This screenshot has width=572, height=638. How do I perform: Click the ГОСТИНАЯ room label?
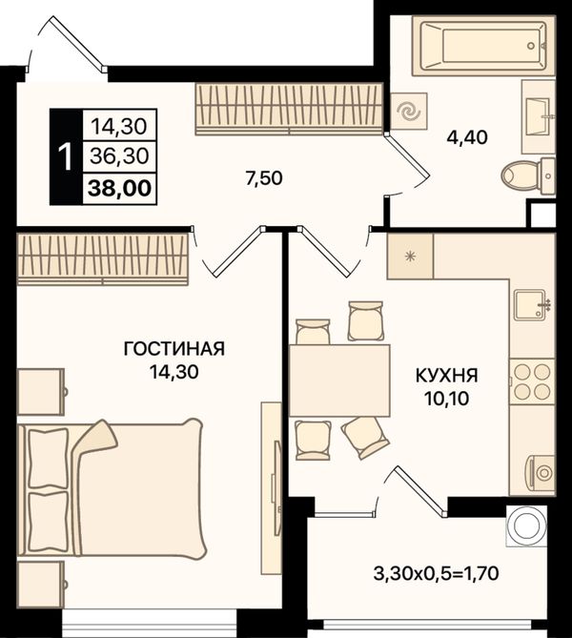point(174,349)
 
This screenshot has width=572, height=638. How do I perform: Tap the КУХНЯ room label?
point(447,376)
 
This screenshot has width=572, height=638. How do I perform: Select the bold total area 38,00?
point(119,189)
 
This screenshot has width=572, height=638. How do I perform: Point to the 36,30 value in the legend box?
point(119,155)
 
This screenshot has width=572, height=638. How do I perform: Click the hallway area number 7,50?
point(264,177)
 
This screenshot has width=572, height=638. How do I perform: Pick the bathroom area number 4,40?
point(467,137)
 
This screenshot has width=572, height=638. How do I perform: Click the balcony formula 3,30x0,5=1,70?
point(436,574)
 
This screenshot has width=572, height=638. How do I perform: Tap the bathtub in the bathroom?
point(483,46)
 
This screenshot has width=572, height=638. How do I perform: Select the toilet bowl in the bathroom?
point(527,175)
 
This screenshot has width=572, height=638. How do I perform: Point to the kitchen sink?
point(530,305)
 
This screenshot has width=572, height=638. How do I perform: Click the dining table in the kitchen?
point(339,381)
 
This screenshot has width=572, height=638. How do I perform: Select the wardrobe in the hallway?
point(289,109)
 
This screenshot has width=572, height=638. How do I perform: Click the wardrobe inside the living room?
point(103,258)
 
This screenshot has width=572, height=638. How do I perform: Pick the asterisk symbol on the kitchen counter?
point(410,256)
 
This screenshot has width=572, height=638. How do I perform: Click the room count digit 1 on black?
point(66,156)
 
